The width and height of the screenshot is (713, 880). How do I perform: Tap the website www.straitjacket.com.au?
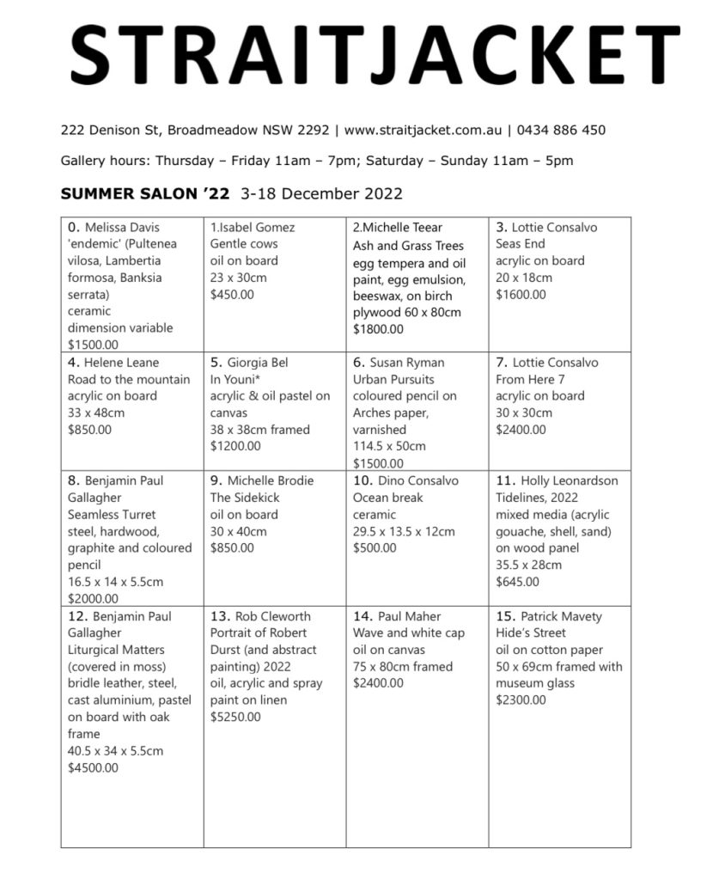point(422,131)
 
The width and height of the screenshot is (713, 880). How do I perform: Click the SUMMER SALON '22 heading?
point(145,193)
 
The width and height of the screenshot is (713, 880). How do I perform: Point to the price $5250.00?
point(235,717)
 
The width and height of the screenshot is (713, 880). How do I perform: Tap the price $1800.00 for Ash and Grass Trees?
point(379,328)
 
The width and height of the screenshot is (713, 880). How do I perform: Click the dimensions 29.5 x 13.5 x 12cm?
point(404,531)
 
